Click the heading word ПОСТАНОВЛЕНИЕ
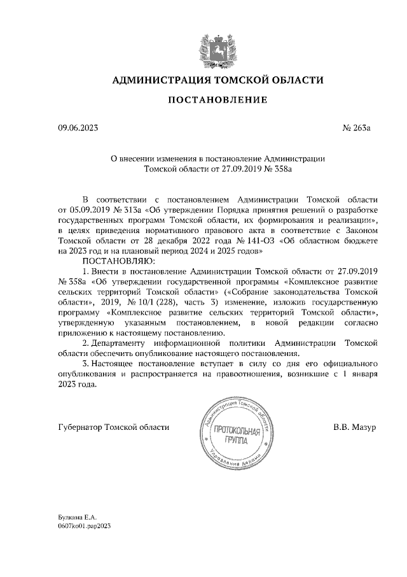click(x=203, y=101)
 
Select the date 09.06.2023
click(x=79, y=128)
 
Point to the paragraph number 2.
click(x=85, y=343)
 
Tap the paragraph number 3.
click(x=85, y=364)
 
